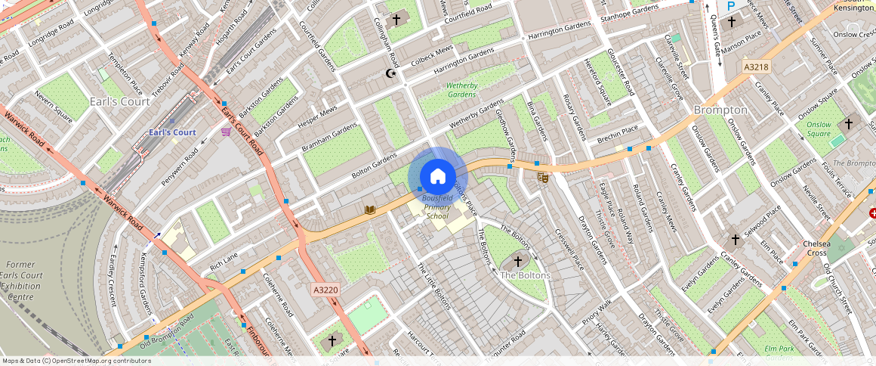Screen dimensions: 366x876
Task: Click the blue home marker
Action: [438, 177]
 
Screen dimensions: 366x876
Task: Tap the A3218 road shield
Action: [756, 67]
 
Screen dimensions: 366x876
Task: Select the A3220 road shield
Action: [325, 289]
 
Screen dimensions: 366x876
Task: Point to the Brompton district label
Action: [720, 110]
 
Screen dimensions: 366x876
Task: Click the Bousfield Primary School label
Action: [437, 207]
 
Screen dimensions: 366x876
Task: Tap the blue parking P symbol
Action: [730, 6]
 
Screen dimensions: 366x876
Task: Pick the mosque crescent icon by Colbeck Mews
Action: [390, 73]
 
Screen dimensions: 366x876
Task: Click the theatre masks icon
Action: [542, 178]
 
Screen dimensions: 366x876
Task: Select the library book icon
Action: [370, 209]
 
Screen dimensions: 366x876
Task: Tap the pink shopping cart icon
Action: [226, 132]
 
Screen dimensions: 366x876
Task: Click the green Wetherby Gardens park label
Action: [462, 90]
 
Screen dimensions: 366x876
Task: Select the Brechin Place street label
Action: [617, 133]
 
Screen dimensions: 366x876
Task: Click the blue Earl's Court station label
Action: [172, 132]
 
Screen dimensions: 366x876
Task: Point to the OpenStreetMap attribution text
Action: [76, 361]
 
